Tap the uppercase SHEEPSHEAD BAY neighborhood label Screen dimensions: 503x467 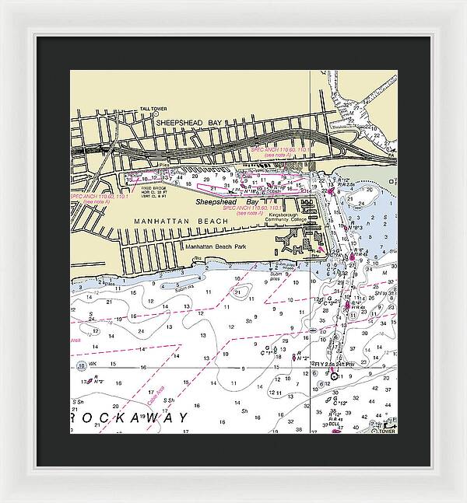click(185, 123)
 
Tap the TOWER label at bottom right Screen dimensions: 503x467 click(387, 431)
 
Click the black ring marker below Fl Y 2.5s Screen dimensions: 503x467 click(335, 376)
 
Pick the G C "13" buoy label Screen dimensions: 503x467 click(339, 403)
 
